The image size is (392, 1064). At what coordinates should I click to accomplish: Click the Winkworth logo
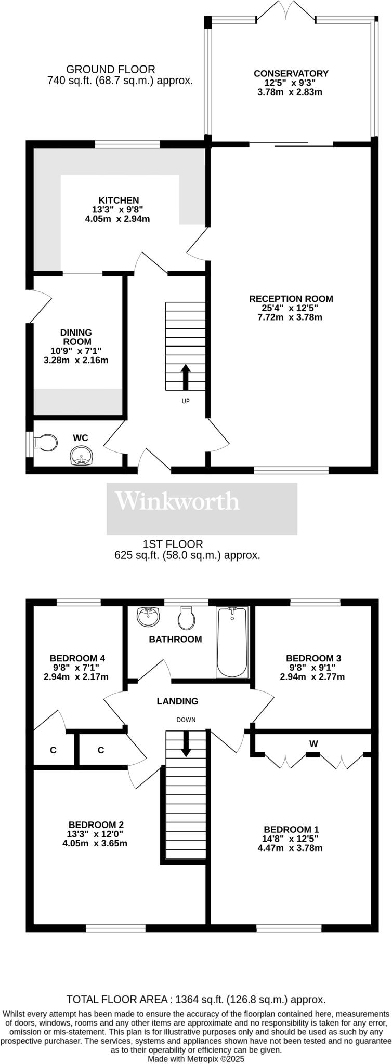pyautogui.click(x=177, y=501)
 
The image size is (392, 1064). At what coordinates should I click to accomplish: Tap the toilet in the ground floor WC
pyautogui.click(x=45, y=443)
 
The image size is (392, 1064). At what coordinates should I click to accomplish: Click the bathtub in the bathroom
pyautogui.click(x=232, y=642)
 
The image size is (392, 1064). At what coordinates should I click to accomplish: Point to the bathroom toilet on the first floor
pyautogui.click(x=186, y=618)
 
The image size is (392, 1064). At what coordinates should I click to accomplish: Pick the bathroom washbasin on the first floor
pyautogui.click(x=149, y=617)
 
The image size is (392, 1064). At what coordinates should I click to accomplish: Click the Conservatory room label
pyautogui.click(x=291, y=74)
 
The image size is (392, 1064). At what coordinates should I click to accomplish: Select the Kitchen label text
pyautogui.click(x=119, y=201)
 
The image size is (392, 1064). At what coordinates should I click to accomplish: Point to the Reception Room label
pyautogui.click(x=291, y=299)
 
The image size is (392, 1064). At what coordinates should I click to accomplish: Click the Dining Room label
pyautogui.click(x=76, y=337)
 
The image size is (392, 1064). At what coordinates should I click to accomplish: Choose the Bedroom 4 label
pyautogui.click(x=77, y=658)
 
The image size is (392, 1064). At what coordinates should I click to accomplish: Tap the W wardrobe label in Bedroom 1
pyautogui.click(x=313, y=744)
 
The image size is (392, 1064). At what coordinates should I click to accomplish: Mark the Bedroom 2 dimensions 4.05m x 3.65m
pyautogui.click(x=95, y=843)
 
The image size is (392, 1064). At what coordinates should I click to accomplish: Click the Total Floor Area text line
pyautogui.click(x=196, y=999)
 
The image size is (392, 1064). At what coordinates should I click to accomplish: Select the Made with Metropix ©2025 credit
pyautogui.click(x=196, y=1058)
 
